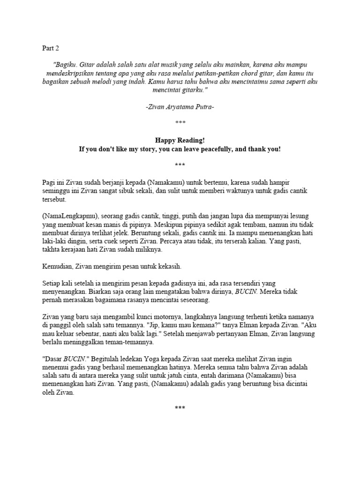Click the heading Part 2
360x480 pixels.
click(x=50, y=48)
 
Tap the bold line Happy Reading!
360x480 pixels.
click(x=180, y=140)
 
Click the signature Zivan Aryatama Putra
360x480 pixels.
click(x=180, y=107)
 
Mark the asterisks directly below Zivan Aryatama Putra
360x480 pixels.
click(x=180, y=123)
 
